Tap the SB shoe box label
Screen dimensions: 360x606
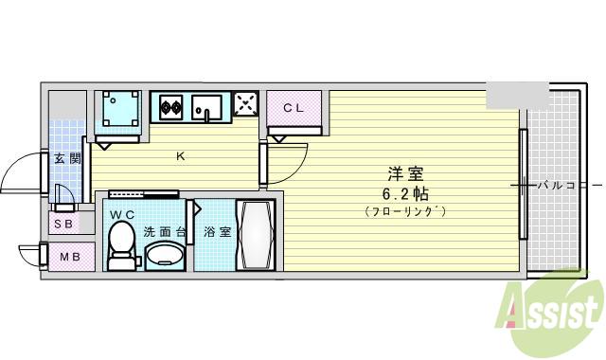[x=63, y=225]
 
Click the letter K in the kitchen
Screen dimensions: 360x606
[x=180, y=157]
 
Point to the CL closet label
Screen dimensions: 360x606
[x=293, y=107]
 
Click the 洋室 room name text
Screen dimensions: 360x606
[x=404, y=174]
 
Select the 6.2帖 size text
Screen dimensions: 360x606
[x=404, y=193]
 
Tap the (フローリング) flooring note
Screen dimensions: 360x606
[x=404, y=211]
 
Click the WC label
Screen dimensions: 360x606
[x=122, y=215]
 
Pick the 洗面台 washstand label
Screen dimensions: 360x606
[x=162, y=231]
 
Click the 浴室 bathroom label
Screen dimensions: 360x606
[x=218, y=231]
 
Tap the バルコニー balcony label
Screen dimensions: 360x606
[x=562, y=185]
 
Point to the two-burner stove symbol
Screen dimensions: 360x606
[x=170, y=107]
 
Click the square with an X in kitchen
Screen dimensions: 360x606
[x=245, y=105]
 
